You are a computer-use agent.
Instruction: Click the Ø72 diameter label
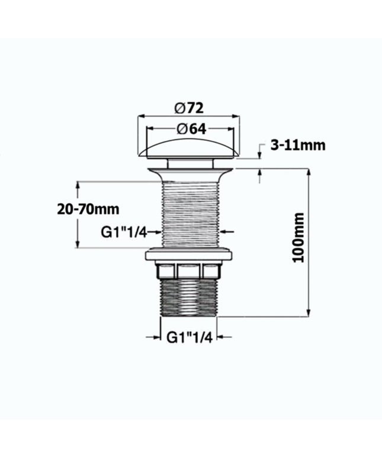189,108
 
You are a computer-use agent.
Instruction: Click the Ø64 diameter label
191,129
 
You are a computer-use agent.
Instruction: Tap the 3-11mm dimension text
297,145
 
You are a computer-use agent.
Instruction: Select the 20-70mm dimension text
88,209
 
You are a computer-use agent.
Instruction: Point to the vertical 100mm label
298,238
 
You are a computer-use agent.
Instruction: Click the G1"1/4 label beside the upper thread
124,233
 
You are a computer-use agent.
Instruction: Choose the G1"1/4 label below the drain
189,337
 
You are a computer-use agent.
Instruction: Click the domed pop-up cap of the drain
188,149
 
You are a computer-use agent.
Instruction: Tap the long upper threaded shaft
190,214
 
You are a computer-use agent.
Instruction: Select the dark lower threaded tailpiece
188,298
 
